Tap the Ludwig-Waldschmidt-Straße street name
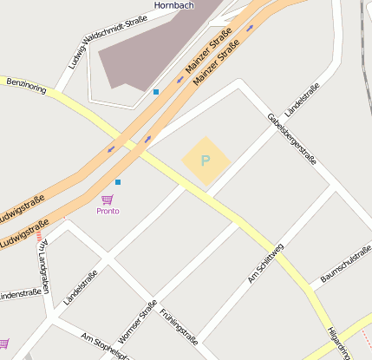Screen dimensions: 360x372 coord(101,41)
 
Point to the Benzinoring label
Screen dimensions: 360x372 coord(26,85)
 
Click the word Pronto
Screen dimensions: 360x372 coord(108,211)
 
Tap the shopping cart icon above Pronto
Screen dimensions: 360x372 coord(108,200)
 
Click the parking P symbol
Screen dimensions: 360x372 coord(206,160)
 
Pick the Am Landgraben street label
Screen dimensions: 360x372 coord(42,265)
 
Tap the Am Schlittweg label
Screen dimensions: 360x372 coord(265,263)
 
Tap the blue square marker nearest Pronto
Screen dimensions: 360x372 coord(118,182)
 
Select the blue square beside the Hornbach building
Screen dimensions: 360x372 coord(156,92)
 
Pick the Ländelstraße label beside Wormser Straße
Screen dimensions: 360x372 coord(81,287)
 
